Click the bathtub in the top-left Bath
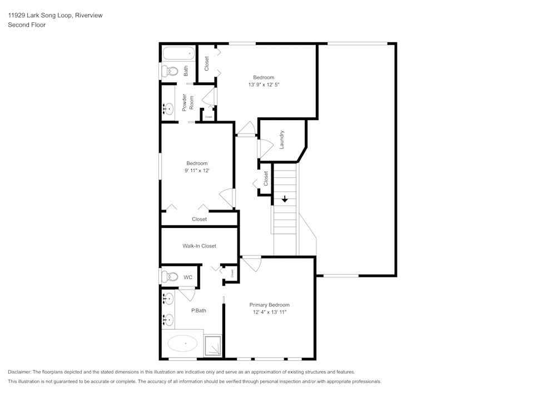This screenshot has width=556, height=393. click(178, 54)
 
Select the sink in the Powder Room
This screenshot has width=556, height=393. click(168, 108)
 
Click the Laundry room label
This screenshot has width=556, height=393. click(282, 140)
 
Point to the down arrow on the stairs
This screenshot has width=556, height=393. click(285, 198)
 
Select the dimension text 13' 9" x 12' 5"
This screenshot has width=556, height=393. click(264, 85)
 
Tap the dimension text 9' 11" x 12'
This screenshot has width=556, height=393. click(197, 171)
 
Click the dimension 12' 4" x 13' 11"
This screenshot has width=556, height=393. click(269, 312)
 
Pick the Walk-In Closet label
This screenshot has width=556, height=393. click(199, 246)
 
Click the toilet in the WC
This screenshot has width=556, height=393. click(170, 276)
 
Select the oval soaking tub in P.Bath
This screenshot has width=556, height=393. click(182, 344)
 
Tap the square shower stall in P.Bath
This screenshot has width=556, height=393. click(213, 345)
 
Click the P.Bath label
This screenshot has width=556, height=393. click(198, 310)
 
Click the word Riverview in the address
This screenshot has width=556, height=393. click(88, 16)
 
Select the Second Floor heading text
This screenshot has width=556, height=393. click(27, 24)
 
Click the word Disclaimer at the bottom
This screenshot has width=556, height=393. click(19, 372)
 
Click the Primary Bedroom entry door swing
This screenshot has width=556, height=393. click(251, 262)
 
